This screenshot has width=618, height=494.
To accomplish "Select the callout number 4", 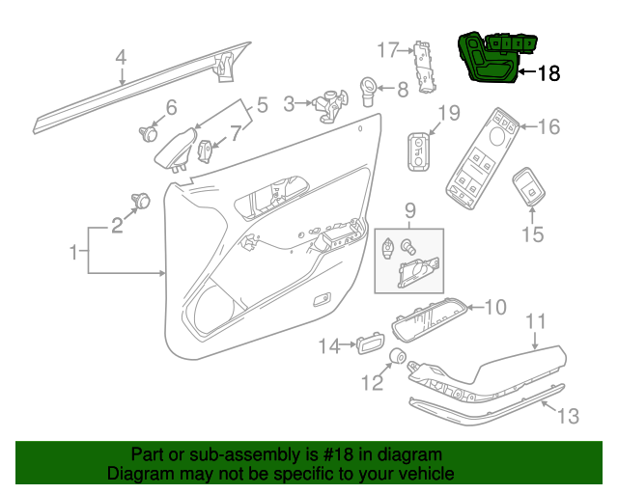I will coord(121,58).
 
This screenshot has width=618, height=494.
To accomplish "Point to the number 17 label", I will coord(387,49).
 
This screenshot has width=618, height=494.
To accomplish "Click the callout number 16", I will coord(548,126).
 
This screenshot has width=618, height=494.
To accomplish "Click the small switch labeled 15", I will coord(528,188).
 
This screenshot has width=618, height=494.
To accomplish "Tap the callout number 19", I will coord(449,114).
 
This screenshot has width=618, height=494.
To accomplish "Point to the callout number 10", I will coord(494,308).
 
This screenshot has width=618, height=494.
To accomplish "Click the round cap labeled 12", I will coord(395,358).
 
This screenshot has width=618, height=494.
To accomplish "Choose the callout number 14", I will coord(330,344).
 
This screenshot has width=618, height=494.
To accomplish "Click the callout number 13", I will coord(569,416).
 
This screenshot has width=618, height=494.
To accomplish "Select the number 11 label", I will coord(536,322).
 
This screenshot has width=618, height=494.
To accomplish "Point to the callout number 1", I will coord(74,253).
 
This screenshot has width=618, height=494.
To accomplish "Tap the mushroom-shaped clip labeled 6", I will coord(147,134).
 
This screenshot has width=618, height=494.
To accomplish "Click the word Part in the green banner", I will coord(150,454).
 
